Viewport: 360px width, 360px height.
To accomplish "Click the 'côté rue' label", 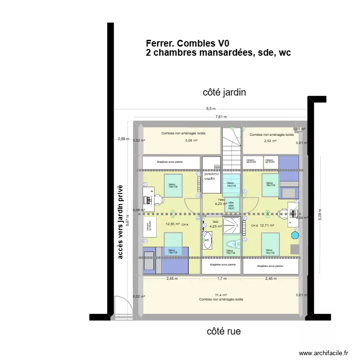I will [224, 331].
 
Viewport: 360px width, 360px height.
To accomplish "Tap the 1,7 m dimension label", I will [222, 278].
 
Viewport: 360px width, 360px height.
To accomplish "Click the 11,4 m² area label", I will [221, 295].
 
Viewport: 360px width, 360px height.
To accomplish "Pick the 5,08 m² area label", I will [192, 141].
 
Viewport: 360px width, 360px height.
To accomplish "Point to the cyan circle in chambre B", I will [295, 236].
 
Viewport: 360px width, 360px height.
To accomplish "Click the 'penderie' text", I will [212, 174].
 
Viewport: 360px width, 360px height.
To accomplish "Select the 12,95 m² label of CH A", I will [172, 224].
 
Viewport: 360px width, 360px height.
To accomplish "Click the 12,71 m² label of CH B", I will [267, 225].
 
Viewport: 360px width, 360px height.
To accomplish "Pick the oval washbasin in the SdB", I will [207, 240].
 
